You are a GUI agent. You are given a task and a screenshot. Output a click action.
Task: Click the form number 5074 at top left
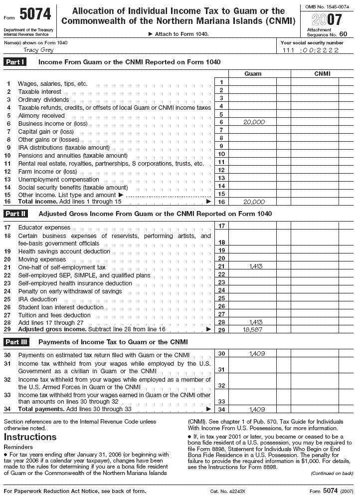[x=34, y=15]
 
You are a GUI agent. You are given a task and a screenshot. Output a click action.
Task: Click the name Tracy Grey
[x=39, y=50]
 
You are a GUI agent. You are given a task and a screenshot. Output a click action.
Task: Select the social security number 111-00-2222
[x=310, y=50]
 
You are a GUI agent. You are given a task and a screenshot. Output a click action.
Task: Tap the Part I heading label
[x=15, y=62]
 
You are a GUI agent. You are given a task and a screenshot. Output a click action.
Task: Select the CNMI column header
[x=322, y=74]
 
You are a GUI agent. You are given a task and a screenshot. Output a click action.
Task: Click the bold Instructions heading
[x=30, y=437]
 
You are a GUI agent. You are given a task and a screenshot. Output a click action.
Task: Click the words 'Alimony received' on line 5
[x=41, y=116]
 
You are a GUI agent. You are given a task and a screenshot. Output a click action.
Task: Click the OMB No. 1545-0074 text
[x=327, y=6]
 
